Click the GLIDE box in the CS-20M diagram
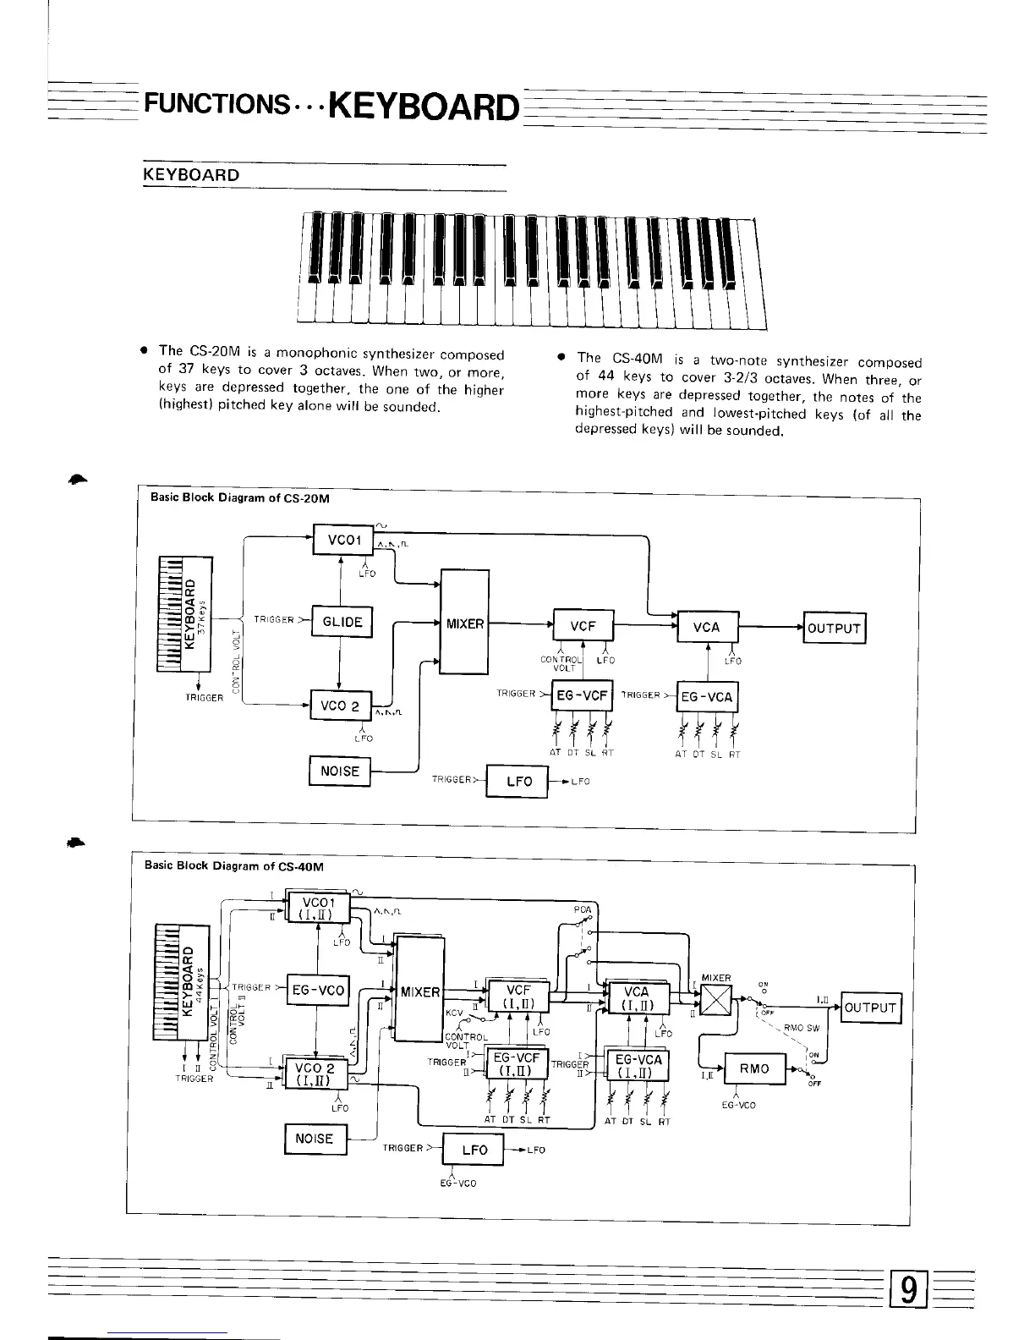coord(342,622)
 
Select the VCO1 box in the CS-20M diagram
coord(338,540)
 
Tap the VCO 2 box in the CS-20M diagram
coord(339,706)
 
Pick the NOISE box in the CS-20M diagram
coord(340,771)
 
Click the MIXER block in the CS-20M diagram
coord(464,623)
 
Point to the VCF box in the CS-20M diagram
coord(583,627)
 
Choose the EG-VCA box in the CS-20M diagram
coord(707,697)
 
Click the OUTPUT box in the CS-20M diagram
coord(834,628)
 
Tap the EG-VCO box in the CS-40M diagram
coord(318,990)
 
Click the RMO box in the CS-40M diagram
coord(754,1068)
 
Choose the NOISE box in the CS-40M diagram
coord(315,1139)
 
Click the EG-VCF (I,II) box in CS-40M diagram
coord(515,1064)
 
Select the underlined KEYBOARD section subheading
coord(191,175)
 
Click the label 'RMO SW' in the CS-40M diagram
coord(801,1029)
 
